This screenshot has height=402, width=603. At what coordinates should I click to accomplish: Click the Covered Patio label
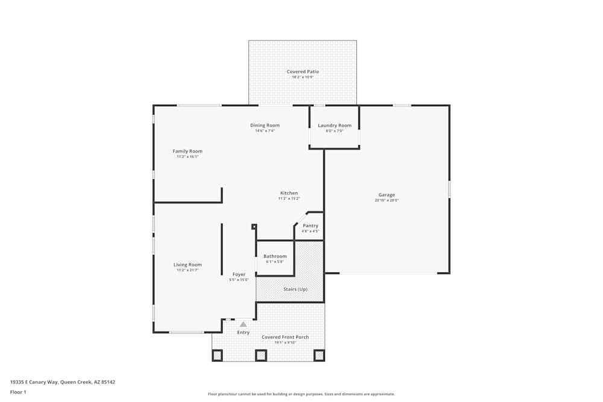[x=303, y=72]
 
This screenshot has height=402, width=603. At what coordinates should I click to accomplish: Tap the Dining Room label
[x=265, y=125]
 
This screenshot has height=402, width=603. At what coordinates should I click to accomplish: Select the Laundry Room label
[x=335, y=125]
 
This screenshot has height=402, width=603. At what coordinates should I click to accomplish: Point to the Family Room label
[x=188, y=151]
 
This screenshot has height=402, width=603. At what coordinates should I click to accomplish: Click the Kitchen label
[x=289, y=193]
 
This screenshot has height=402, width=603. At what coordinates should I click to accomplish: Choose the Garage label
[x=387, y=195]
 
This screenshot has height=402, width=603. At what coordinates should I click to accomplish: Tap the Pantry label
[x=311, y=225]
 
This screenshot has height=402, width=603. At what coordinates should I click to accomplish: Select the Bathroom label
[x=275, y=256]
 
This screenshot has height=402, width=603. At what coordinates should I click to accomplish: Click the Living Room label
[x=188, y=265]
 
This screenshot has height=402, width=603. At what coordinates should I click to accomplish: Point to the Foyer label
[x=239, y=274]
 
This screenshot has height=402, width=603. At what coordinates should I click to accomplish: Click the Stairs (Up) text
[x=295, y=289]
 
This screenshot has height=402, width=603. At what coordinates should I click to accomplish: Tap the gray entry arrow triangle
[x=244, y=324]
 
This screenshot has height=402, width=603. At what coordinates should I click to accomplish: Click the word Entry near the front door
[x=243, y=333]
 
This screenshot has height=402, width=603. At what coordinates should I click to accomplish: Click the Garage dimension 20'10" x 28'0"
[x=387, y=200]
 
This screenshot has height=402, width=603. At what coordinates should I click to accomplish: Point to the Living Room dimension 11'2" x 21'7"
[x=188, y=270]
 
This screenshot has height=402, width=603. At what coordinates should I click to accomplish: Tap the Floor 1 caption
[x=18, y=392]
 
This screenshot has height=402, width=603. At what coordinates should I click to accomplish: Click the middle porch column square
[x=260, y=355]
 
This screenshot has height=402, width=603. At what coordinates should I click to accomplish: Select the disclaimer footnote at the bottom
[x=301, y=394]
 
